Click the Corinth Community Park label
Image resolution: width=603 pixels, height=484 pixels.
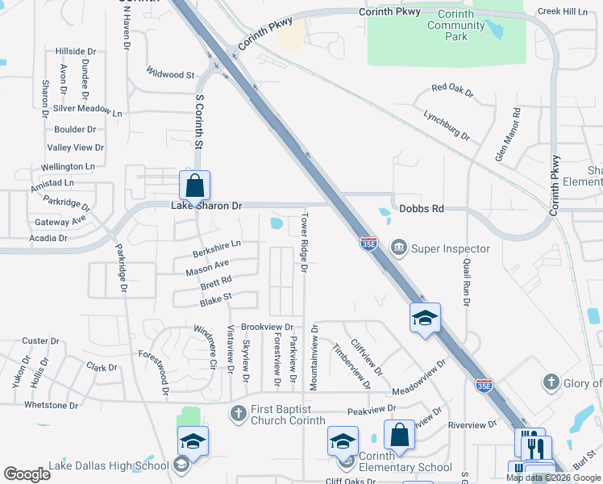point(456,26)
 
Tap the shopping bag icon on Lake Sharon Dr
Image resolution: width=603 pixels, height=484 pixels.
point(195,186)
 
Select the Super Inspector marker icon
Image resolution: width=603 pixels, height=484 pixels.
point(397,248)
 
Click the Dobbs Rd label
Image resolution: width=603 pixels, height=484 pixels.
point(422,209)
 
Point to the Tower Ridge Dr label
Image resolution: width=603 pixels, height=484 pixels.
point(304,242)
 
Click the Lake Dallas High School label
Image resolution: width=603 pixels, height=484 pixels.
point(108,465)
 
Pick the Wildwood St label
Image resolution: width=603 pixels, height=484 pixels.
point(171,74)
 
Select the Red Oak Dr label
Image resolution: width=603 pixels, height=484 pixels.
point(452,90)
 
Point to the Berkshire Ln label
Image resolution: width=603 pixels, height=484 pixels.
point(217,248)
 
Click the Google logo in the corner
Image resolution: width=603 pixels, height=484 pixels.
point(27,474)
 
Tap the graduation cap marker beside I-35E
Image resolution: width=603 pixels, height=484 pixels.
point(424,318)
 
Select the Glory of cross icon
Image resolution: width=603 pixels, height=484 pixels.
point(551,382)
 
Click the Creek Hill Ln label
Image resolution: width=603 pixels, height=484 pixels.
point(563,11)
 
